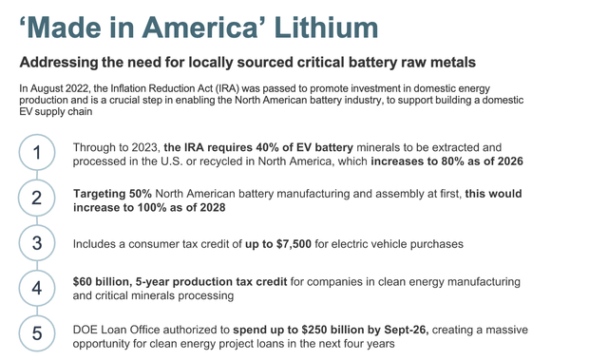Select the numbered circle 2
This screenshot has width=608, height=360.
[x=36, y=199]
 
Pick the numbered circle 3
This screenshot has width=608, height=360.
[x=36, y=244]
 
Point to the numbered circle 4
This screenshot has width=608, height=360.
[x=36, y=289]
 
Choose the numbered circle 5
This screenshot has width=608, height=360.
[x=36, y=333]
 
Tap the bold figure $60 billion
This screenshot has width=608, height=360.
[x=102, y=282]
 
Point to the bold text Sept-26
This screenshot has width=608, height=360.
[x=404, y=327]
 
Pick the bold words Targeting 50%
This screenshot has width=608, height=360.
[x=112, y=193]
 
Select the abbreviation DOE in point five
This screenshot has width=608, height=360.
[x=88, y=327]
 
